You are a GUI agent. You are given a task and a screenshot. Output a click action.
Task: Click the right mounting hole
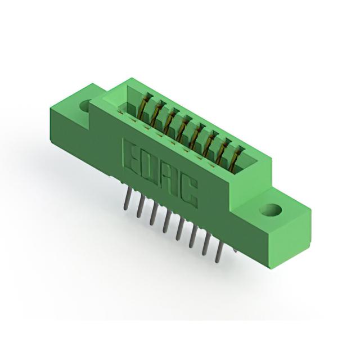click(x=271, y=210)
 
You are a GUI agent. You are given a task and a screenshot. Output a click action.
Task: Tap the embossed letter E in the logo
click(x=130, y=156)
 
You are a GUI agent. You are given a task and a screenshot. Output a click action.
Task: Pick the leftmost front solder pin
click(x=126, y=198)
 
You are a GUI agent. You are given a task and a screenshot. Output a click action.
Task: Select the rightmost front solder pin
click(x=219, y=252)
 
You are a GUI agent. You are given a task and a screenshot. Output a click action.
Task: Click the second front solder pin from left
click(x=140, y=206)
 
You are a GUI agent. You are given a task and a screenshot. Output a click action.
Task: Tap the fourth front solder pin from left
click(x=166, y=222)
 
